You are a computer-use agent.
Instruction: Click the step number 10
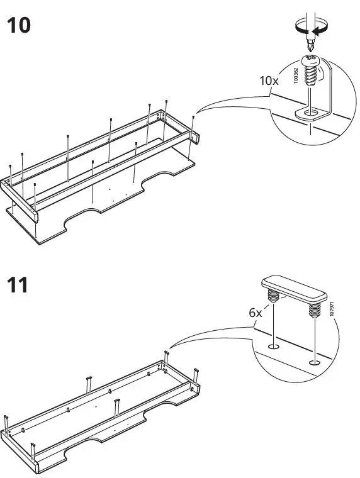tap(18, 26)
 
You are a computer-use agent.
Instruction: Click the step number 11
tap(17, 285)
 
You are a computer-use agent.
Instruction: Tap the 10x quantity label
tap(269, 81)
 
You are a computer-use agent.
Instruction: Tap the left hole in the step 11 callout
tap(273, 347)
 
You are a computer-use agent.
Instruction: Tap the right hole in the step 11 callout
tap(313, 362)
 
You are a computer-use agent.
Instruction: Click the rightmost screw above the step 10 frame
tap(194, 118)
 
